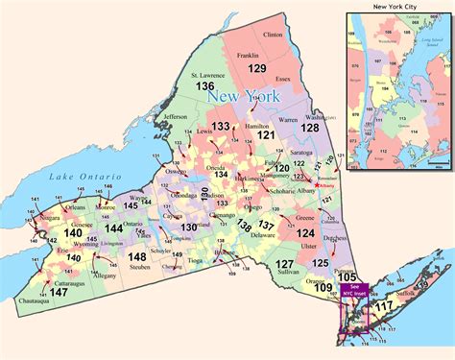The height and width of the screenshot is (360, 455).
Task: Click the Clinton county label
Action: point(272,34)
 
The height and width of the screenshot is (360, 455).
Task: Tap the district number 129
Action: point(256,69)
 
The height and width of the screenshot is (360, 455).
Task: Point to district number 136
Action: point(205,86)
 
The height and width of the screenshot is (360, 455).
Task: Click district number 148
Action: point(138,256)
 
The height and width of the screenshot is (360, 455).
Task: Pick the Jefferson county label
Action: point(176,117)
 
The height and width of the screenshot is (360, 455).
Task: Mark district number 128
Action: point(310,128)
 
